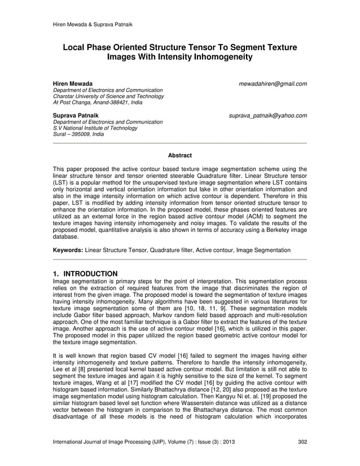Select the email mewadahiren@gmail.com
pos(273,84)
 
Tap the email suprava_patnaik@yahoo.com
pos(268,116)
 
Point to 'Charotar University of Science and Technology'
pos(108,96)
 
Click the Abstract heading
pos(180,155)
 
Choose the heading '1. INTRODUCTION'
pos(85,274)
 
